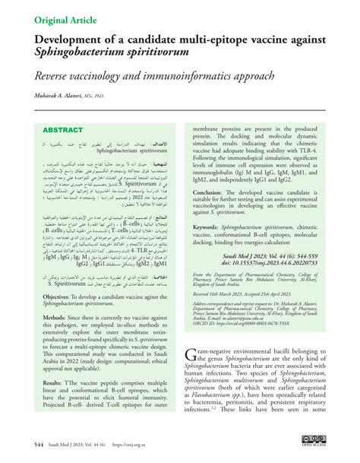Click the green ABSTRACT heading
65,130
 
